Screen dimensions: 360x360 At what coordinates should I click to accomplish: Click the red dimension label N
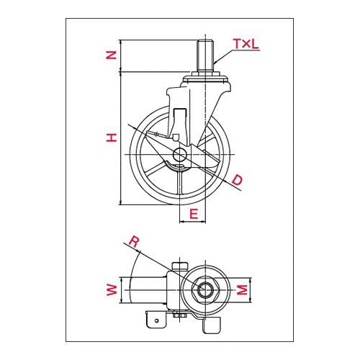tap(112, 55)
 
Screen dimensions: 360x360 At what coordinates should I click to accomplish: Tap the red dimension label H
tap(112, 138)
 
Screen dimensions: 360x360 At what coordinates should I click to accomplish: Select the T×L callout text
tap(246, 44)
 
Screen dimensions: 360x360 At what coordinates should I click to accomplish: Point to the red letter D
tap(238, 180)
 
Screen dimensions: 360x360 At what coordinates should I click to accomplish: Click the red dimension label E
tap(194, 214)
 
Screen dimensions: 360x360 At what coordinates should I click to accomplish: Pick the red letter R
tap(134, 241)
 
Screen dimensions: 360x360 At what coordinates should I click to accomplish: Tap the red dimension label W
tap(112, 290)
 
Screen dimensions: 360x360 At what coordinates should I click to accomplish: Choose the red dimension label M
tap(243, 290)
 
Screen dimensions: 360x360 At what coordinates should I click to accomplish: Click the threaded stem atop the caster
tap(205, 55)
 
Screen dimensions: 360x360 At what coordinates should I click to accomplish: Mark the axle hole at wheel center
tap(179, 154)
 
